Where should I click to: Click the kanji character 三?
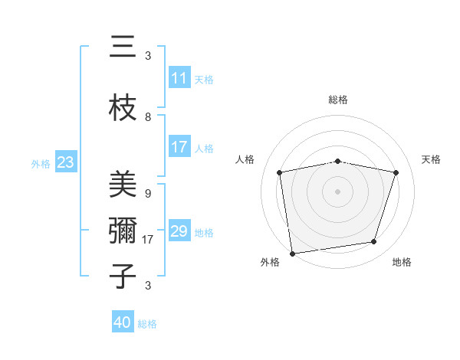tap(123, 48)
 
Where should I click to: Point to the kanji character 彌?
tap(123, 230)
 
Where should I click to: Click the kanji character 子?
tap(123, 276)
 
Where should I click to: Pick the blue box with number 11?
tap(179, 78)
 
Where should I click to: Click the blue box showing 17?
tap(179, 147)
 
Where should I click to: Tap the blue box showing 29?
tap(179, 231)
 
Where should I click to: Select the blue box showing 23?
tap(65, 162)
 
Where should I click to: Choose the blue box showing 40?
tap(122, 322)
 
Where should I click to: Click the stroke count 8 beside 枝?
tap(148, 117)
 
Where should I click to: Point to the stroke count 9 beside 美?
tap(148, 194)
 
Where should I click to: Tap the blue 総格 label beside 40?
tap(147, 324)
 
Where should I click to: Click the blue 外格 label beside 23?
tap(41, 163)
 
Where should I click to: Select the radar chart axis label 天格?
tap(432, 159)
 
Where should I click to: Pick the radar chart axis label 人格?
tap(245, 159)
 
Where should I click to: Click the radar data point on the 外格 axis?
tap(292, 252)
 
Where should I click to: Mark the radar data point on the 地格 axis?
tap(374, 242)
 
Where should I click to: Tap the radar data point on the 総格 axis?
tap(338, 161)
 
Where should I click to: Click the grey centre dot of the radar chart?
tap(338, 191)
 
